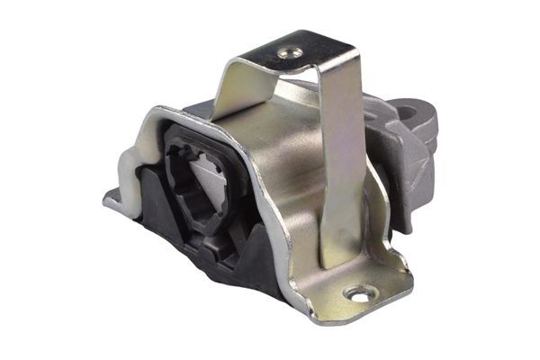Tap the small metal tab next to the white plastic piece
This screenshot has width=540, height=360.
(x=112, y=198)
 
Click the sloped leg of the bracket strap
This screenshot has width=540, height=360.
(x=241, y=90)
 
